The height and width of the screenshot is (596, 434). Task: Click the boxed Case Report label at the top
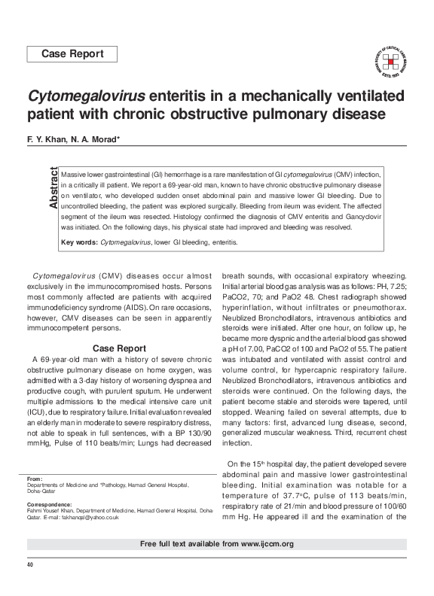tap(72, 54)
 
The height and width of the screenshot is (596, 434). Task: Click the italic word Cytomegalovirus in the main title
tap(91, 97)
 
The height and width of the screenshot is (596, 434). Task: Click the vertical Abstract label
tap(53, 188)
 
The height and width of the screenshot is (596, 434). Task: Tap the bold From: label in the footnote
tap(34, 479)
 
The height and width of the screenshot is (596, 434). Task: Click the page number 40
tap(30, 564)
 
